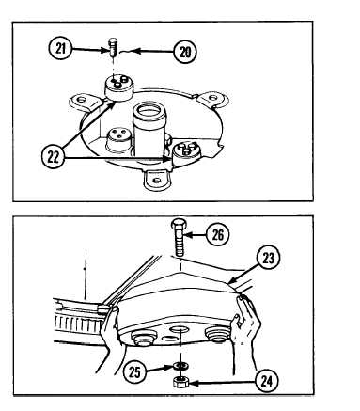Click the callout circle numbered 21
pos(60,49)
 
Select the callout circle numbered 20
pos(185,52)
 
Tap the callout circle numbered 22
pos(53,157)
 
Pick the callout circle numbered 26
pos(218,234)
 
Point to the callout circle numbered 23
pos(268,259)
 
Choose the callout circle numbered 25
pos(134,372)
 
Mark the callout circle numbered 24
pos(267,382)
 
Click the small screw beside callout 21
pos(113,46)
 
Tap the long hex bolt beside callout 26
pos(180,237)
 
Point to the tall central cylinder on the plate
pos(149,129)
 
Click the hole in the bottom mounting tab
pos(156,181)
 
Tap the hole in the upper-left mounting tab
pos(82,100)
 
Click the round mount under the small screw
pos(118,87)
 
